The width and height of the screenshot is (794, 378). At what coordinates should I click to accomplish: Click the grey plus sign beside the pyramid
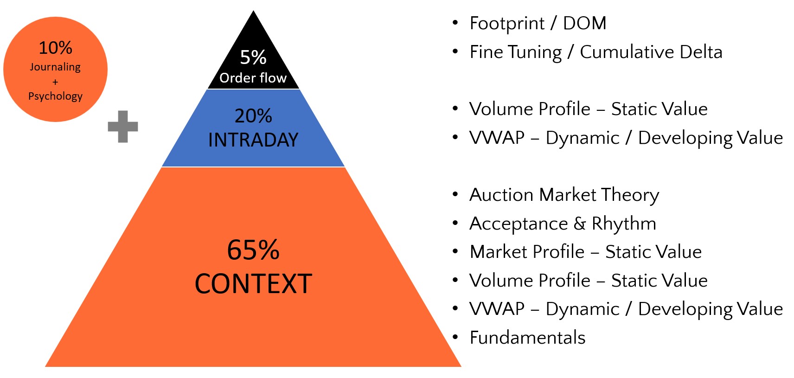(x=123, y=126)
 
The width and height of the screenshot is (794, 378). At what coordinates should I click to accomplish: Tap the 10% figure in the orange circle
(x=55, y=48)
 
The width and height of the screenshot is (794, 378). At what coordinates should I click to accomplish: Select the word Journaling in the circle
(x=55, y=67)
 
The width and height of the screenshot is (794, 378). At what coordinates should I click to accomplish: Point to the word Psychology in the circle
(x=55, y=96)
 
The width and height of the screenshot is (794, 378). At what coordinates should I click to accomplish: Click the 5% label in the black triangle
(x=253, y=58)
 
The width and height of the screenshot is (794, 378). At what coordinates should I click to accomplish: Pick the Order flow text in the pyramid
(x=253, y=78)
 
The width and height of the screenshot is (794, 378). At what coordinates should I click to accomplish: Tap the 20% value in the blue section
(x=253, y=116)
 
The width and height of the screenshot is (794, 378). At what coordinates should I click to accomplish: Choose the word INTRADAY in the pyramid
(x=253, y=140)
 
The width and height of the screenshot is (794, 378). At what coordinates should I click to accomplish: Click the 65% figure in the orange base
(x=253, y=250)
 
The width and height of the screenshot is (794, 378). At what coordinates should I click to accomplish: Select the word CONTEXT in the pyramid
(x=253, y=284)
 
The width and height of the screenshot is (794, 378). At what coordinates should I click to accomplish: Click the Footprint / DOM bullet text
(x=538, y=23)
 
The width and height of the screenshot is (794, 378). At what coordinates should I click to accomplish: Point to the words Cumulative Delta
(x=651, y=52)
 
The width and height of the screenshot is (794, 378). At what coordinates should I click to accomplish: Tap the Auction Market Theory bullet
(x=564, y=195)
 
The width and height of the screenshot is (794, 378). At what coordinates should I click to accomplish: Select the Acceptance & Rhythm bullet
(x=563, y=224)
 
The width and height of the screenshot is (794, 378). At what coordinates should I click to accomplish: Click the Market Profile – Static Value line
(x=585, y=252)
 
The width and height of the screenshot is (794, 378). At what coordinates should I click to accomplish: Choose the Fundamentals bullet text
(x=527, y=338)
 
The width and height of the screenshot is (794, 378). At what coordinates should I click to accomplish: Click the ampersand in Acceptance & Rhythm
(x=580, y=224)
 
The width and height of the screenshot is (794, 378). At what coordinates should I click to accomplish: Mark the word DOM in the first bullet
(x=584, y=23)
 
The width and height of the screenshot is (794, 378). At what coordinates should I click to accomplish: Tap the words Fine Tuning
(x=516, y=52)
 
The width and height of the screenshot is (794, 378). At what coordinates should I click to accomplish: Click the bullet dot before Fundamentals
(x=455, y=337)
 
